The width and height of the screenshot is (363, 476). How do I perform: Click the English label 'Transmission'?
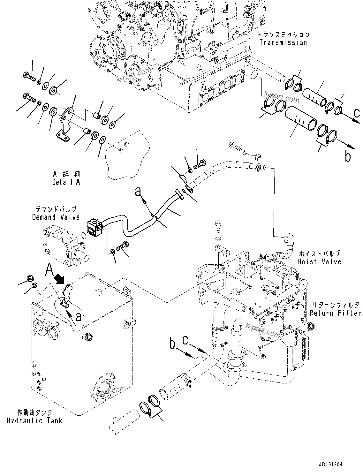pyautogui.click(x=283, y=42)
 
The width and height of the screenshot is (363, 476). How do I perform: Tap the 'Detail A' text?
pyautogui.click(x=66, y=182)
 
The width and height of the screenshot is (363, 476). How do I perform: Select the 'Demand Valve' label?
pyautogui.click(x=56, y=217)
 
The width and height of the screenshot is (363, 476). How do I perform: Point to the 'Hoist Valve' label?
pyautogui.click(x=319, y=261)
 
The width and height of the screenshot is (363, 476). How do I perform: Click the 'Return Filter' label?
pyautogui.click(x=335, y=313)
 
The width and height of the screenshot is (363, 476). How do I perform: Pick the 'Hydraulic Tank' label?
pyautogui.click(x=34, y=420)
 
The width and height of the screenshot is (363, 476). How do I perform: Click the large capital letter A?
pyautogui.click(x=49, y=270)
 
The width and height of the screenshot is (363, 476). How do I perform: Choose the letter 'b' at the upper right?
pyautogui.click(x=347, y=156)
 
